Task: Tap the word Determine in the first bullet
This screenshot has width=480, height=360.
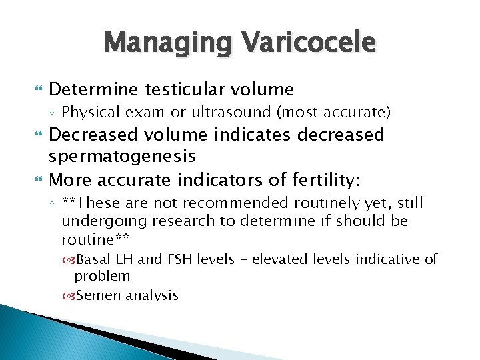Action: [x=91, y=89]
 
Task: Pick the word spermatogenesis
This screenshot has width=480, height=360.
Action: [x=122, y=157]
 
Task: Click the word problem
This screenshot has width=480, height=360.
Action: [x=102, y=276]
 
